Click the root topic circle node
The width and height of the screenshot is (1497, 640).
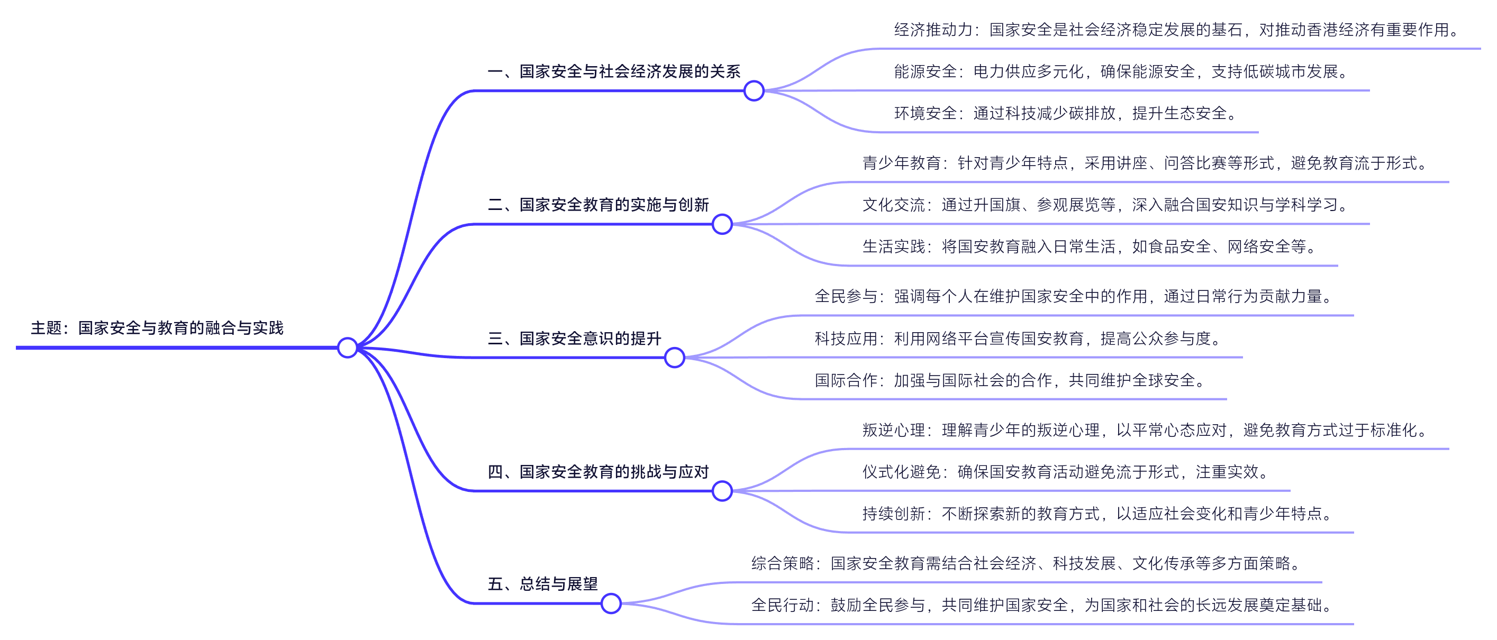tap(347, 348)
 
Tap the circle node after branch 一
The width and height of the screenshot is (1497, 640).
tap(754, 90)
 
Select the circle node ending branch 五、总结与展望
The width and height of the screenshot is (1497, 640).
tap(611, 604)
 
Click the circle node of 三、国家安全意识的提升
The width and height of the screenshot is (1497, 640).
tap(674, 358)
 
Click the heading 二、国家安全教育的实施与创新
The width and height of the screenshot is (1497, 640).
tap(598, 205)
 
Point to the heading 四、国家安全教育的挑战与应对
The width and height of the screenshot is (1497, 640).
tap(598, 472)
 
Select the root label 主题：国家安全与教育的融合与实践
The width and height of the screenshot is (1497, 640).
tap(157, 328)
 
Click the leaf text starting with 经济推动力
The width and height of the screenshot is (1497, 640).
tap(1176, 30)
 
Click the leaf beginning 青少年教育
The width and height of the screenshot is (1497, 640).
tap(1144, 163)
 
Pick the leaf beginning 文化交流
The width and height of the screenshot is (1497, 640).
tap(1104, 205)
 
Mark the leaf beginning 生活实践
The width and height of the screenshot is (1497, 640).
tap(1089, 247)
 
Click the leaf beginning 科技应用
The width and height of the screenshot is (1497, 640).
tap(1018, 339)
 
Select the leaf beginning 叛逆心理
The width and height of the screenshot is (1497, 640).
tap(1144, 431)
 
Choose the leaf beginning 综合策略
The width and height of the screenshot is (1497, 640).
tap(1026, 563)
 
